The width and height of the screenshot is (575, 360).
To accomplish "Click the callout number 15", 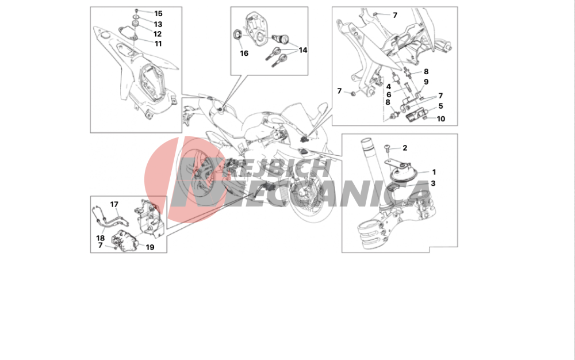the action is coord(158,14).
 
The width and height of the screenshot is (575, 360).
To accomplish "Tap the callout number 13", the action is coord(158,24).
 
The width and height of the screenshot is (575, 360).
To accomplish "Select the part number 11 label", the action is coord(158,44).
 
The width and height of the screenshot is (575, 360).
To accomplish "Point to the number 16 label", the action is coord(244,53).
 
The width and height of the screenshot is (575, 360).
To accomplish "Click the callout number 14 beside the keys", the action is coord(302,50).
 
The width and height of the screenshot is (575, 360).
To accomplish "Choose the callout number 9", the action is coord(426,82).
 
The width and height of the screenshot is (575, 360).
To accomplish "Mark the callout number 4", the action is coord(389,87).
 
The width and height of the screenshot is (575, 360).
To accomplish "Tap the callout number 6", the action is coord(389,95).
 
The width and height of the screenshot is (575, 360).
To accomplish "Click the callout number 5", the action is coord(441,106).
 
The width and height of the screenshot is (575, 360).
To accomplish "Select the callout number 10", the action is coord(441,119).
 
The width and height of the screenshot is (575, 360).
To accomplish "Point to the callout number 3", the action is coord(433,183).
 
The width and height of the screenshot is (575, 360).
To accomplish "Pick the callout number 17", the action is coord(114,204).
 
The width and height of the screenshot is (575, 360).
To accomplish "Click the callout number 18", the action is coord(100,238).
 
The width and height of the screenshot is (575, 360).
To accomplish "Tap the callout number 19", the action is coord(150,247).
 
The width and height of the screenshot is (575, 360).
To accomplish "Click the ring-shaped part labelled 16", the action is coord(236,35).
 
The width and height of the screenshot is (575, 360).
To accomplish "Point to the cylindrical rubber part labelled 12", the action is coord(135,25).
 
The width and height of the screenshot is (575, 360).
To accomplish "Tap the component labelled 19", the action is coord(124,240).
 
